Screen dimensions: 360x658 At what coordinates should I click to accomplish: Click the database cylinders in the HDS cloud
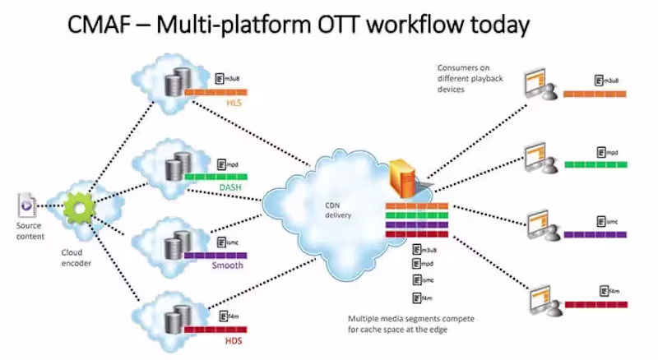[x=174, y=318]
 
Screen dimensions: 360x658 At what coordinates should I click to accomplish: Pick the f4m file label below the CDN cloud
[x=420, y=298]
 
